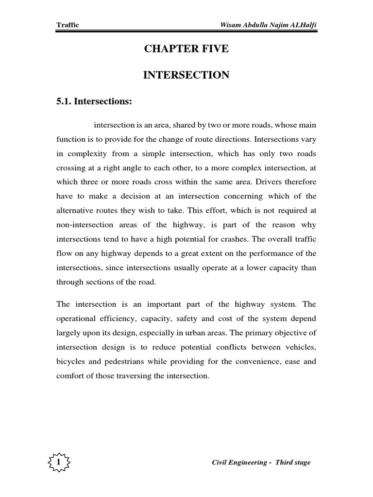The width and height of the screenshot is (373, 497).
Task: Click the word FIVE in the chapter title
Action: point(213,49)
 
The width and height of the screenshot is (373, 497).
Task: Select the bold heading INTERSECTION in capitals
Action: point(186,75)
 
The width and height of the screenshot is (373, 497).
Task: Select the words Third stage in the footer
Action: point(293,463)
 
